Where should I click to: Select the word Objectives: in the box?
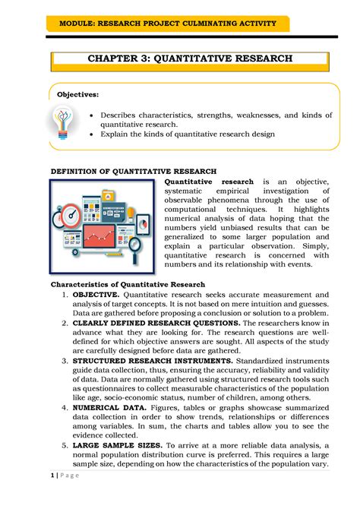point(78,94)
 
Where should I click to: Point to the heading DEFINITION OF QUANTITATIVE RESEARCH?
point(133,171)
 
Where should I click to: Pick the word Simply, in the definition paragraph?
point(312,247)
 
